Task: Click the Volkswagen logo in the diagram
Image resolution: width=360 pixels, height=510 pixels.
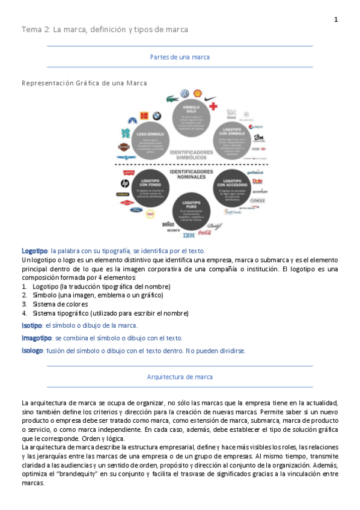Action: point(185,94)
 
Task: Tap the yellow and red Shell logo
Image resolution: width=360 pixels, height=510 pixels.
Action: point(197,94)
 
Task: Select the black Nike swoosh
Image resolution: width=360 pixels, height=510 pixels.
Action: point(210,98)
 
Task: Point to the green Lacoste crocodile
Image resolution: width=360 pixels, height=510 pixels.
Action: point(171,97)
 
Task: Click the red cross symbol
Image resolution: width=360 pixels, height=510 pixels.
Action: point(213,106)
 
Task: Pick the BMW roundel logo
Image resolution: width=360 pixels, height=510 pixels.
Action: point(156,115)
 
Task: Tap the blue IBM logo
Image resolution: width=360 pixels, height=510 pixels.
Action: point(189,235)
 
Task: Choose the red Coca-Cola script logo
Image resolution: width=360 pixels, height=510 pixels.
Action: point(204,232)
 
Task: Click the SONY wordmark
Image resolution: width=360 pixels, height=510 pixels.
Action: point(174,230)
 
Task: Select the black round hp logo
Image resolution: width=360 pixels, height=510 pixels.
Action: point(125,183)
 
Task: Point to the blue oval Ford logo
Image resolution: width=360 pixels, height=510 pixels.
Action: point(135,210)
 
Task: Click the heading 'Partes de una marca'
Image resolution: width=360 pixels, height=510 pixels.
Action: point(180,57)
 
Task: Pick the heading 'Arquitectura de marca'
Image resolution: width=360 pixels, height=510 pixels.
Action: point(180,376)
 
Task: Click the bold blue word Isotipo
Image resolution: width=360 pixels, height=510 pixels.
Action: point(32,325)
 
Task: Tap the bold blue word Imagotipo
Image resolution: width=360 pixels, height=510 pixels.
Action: point(35,338)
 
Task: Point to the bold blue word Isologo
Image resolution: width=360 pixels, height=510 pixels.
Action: point(32,351)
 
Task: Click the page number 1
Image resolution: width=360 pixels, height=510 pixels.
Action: point(336,20)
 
